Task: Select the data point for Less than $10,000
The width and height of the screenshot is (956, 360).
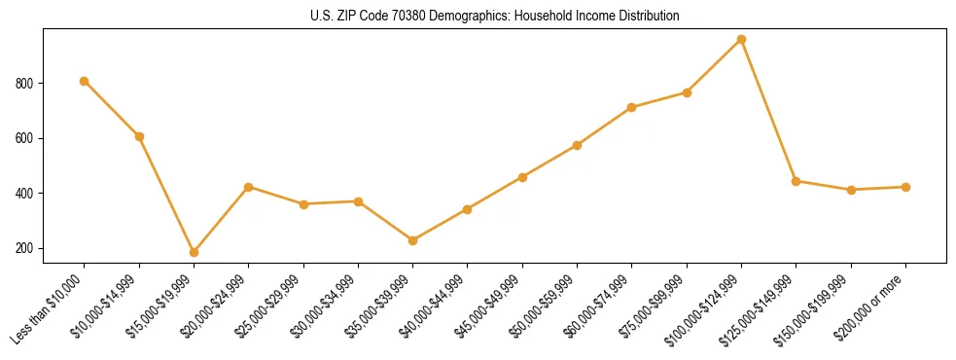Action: (x=85, y=81)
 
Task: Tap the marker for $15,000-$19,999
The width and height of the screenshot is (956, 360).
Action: (x=195, y=252)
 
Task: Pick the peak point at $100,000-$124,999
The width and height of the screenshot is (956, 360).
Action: (x=741, y=39)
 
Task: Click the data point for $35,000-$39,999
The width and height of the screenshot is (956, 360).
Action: (x=413, y=240)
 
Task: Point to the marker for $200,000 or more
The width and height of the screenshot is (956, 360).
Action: (x=905, y=187)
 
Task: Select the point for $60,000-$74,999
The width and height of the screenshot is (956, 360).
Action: (x=632, y=107)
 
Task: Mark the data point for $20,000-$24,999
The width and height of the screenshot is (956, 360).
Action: (x=249, y=187)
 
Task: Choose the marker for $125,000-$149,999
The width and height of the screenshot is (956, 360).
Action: (x=797, y=181)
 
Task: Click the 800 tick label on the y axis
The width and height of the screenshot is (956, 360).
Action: (x=26, y=84)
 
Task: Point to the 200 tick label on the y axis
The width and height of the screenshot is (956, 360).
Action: (x=26, y=249)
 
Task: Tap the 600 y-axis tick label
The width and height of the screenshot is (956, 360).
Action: (x=26, y=138)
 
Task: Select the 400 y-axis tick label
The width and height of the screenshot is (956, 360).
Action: (x=26, y=194)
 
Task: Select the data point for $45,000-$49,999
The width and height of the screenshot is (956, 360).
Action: (x=522, y=177)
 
